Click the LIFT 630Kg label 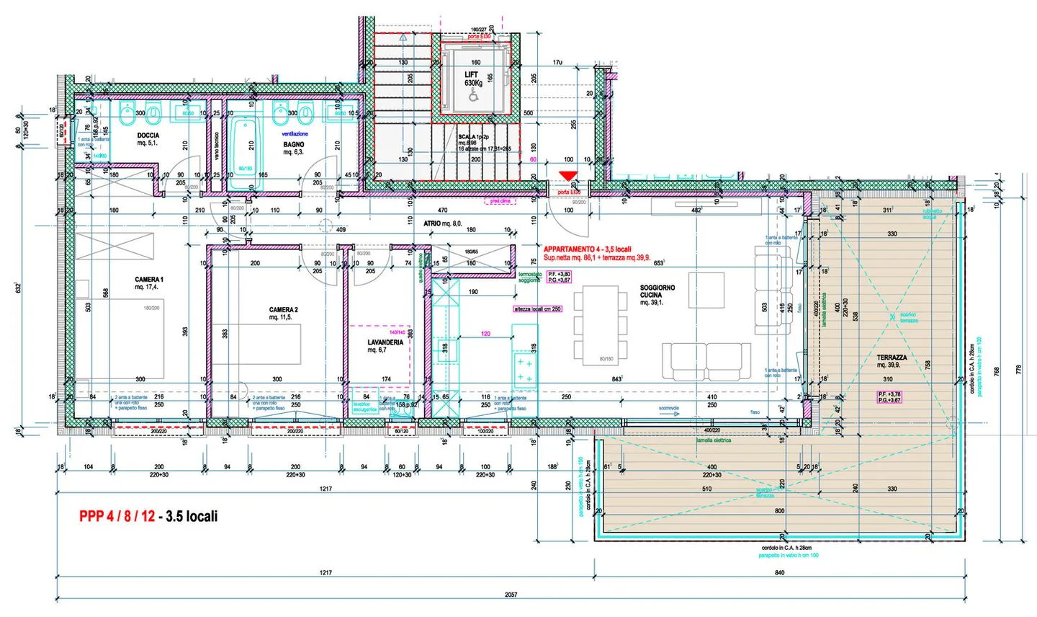pyautogui.click(x=472, y=79)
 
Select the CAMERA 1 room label pyautogui.click(x=149, y=283)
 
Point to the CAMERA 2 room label pyautogui.click(x=283, y=314)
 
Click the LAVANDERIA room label pyautogui.click(x=385, y=346)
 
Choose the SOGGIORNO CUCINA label pyautogui.click(x=657, y=295)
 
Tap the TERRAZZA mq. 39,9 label pyautogui.click(x=892, y=361)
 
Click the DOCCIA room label pyautogui.click(x=148, y=139)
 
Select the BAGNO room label pyautogui.click(x=294, y=148)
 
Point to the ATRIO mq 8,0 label pyautogui.click(x=442, y=224)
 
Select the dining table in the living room pyautogui.click(x=601, y=324)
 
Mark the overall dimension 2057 pyautogui.click(x=511, y=595)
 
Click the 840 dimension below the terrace pyautogui.click(x=779, y=572)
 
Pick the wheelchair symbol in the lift pyautogui.click(x=473, y=94)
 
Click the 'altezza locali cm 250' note pyautogui.click(x=537, y=309)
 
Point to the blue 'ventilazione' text pyautogui.click(x=294, y=134)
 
